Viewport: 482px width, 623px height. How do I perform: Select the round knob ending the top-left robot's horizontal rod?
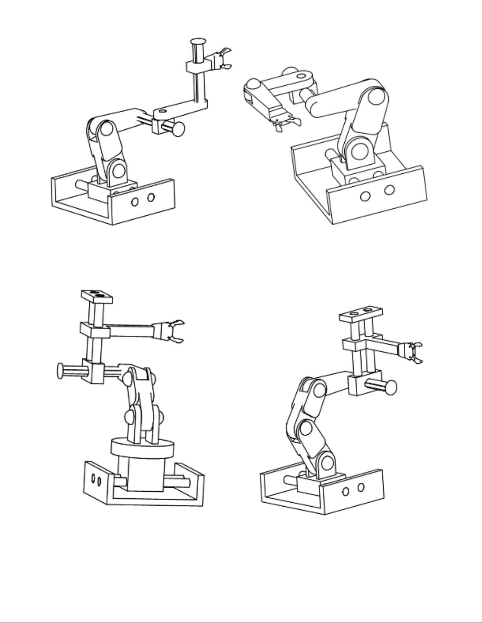click(179, 129)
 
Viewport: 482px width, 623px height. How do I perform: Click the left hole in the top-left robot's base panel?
click(135, 202)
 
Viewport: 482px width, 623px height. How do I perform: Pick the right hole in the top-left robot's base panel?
click(151, 197)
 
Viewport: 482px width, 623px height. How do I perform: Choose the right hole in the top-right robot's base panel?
click(389, 190)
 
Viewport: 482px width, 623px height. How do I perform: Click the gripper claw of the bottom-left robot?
click(173, 331)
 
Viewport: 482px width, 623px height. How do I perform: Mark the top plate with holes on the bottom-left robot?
click(97, 296)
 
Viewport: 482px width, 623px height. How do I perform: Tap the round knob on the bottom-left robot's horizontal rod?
click(61, 371)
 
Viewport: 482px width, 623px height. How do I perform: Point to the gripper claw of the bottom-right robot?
click(416, 352)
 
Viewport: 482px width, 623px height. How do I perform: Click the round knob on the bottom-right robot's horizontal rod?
click(391, 387)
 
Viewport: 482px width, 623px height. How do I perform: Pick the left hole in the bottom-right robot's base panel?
click(347, 491)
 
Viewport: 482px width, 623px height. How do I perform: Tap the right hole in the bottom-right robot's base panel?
click(360, 487)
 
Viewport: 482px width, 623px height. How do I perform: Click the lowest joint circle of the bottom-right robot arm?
click(327, 464)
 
